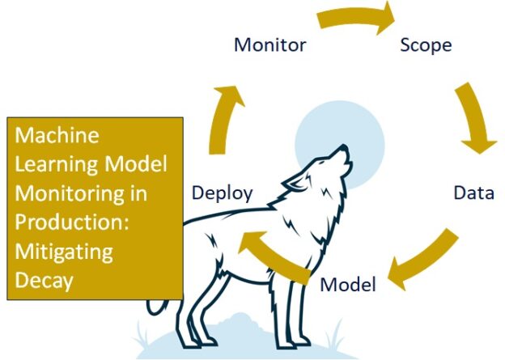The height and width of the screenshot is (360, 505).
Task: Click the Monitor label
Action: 269,44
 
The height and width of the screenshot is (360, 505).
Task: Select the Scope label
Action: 426,44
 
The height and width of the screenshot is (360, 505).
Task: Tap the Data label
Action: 473,193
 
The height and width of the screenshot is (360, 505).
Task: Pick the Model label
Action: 348,285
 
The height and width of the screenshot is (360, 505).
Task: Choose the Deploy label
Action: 222,193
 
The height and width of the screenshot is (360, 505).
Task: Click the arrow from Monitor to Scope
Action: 356,18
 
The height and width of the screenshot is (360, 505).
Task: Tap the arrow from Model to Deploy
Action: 275,251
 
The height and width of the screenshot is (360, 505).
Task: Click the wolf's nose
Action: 346,148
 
